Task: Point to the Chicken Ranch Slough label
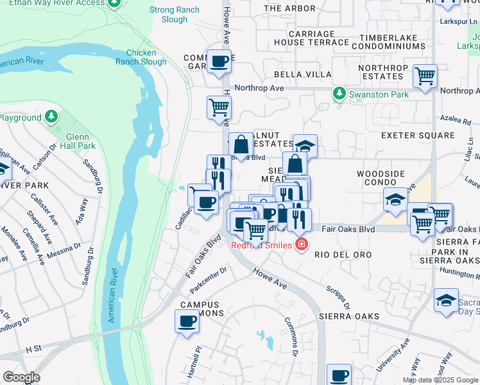click(141, 57)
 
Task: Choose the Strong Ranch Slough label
click(168, 15)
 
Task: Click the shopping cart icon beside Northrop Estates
click(425, 76)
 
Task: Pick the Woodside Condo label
click(381, 178)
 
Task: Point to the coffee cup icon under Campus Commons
click(187, 321)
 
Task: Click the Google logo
click(21, 377)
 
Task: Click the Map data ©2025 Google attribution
click(440, 380)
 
